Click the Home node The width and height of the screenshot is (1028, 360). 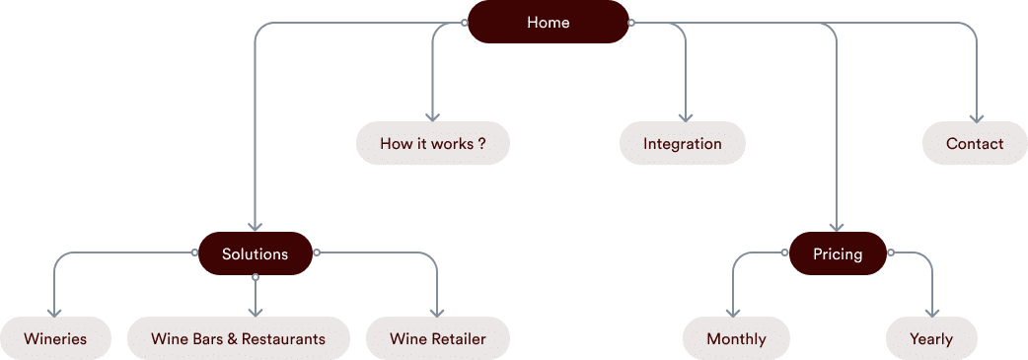[x=548, y=22]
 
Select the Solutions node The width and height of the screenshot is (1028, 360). [x=255, y=253]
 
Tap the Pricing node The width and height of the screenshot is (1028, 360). [x=838, y=253]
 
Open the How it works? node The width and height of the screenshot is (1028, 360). [x=432, y=143]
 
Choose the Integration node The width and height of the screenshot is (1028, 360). [x=683, y=143]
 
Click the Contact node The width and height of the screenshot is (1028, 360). [x=977, y=143]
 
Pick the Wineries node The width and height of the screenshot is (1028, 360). [x=55, y=337]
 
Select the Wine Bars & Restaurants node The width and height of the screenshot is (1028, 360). [x=239, y=337]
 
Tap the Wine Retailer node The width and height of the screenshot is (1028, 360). [x=439, y=337]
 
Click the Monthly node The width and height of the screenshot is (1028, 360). [x=736, y=337]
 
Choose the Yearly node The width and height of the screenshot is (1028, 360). [x=932, y=337]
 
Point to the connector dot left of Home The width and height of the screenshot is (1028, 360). [x=465, y=22]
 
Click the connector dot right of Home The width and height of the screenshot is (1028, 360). [x=631, y=22]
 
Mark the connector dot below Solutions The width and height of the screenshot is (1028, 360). [x=255, y=277]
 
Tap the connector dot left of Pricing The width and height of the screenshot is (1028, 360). [x=785, y=253]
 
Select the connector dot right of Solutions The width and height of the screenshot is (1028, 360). [x=317, y=253]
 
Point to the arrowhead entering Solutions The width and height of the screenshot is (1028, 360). [x=255, y=227]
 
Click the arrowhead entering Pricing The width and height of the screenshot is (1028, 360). [x=838, y=227]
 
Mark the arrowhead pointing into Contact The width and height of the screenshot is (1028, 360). [x=977, y=117]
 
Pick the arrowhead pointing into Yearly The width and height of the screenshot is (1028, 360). [x=932, y=312]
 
